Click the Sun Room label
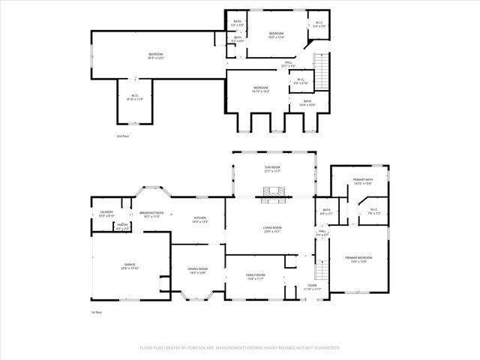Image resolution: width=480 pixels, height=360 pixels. coord(271,169)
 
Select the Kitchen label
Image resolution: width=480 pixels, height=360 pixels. coord(199,219)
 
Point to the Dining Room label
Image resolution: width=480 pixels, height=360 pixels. coord(198,271)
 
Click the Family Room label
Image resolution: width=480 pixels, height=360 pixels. coord(256,276)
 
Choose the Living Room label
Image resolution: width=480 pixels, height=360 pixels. coord(271,229)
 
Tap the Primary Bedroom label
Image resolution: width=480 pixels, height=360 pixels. coord(361,259)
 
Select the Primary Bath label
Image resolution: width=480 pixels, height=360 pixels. coord(363,181)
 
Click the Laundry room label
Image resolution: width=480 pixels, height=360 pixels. coord(106,214)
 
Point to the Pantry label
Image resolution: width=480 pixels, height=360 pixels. coord(121,226)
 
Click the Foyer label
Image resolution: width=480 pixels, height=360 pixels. coord(313,287)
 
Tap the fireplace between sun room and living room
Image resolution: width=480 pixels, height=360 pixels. coord(271,199)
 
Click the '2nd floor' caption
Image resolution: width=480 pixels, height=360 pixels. coord(122,136)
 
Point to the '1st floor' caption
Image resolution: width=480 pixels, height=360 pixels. coord(95,311)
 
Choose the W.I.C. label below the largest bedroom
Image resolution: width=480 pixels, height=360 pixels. coord(135,97)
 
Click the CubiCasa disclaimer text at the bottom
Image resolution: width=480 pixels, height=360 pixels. coord(240,348)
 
